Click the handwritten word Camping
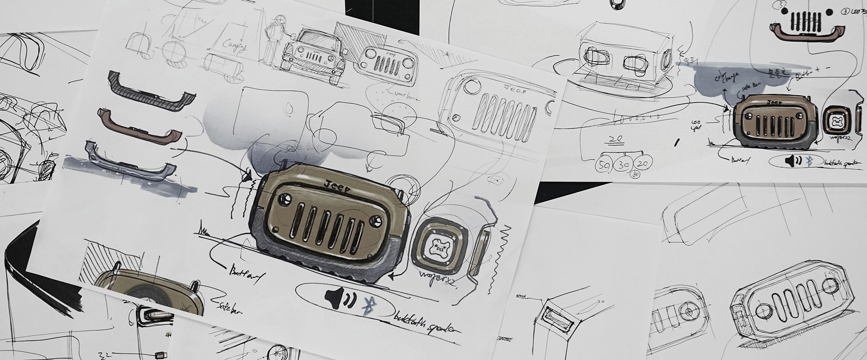pyautogui.click(x=235, y=46)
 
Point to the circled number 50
pyautogui.click(x=603, y=165)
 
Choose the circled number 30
pyautogui.click(x=624, y=165)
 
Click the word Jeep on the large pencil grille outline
pyautogui.click(x=515, y=88)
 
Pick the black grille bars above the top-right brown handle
pyautogui.click(x=807, y=20)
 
